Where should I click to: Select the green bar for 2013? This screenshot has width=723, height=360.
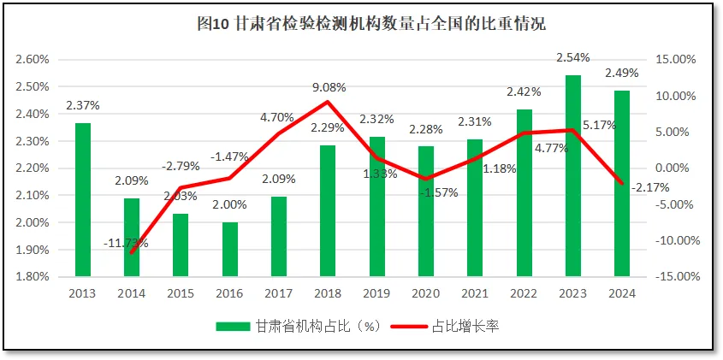[82, 199]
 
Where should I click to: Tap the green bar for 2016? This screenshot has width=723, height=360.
[230, 249]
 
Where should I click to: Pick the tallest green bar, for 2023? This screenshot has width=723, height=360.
[573, 175]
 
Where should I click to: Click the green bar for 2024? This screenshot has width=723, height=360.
[622, 183]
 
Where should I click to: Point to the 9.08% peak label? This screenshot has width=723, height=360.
[329, 87]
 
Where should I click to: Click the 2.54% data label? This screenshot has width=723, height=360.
[573, 58]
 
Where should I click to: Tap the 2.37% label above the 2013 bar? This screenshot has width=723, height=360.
[82, 106]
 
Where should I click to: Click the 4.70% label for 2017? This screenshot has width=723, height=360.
[277, 117]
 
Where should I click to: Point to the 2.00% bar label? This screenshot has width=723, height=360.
[229, 205]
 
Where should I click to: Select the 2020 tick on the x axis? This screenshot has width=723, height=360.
[426, 293]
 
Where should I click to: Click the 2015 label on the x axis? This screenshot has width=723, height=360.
[181, 293]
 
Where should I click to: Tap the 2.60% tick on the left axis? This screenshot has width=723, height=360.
[33, 60]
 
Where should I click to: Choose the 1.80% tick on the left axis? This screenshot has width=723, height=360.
[33, 277]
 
